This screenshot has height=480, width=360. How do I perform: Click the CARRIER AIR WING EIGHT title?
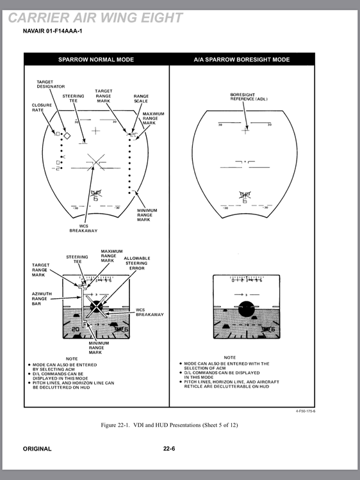[x=96, y=17]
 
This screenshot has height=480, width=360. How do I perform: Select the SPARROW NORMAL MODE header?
[x=96, y=60]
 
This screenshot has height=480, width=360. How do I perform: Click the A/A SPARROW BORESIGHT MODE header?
[x=241, y=60]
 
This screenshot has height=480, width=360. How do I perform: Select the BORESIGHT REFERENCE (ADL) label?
[x=249, y=97]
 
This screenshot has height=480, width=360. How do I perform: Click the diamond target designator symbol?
[x=66, y=135]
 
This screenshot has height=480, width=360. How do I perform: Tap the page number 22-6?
[x=169, y=449]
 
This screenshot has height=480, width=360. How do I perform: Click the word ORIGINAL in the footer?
[x=37, y=449]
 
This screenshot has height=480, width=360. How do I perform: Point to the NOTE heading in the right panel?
[x=229, y=358]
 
